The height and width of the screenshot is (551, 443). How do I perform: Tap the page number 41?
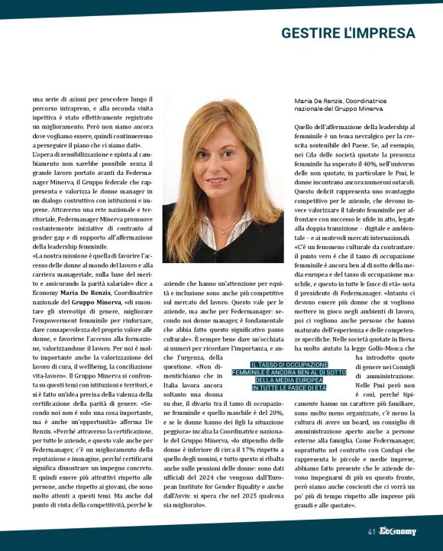pyautogui.click(x=371, y=531)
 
